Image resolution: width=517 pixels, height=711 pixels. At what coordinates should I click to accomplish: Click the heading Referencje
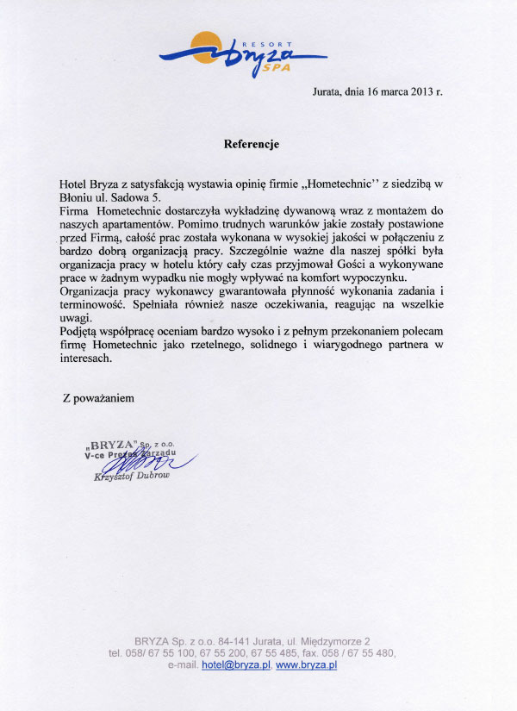tap(252, 144)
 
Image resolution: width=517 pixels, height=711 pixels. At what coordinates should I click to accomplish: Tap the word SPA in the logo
tap(277, 65)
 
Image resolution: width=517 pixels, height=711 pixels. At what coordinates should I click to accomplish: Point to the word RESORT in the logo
tap(277, 43)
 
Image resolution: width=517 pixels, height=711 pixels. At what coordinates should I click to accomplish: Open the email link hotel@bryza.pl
tap(236, 665)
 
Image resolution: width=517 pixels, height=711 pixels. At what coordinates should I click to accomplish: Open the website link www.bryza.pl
tap(306, 665)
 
